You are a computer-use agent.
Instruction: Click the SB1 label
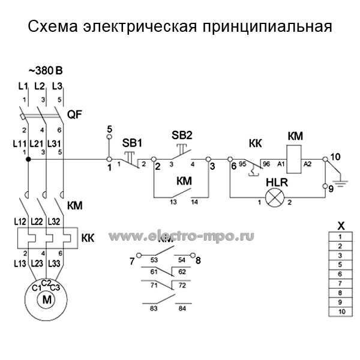[x=132, y=143]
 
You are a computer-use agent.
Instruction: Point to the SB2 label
[x=182, y=134]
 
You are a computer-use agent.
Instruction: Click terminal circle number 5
[x=109, y=137]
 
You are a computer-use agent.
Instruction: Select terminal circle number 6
[x=231, y=160]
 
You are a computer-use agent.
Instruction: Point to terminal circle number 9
[x=325, y=185]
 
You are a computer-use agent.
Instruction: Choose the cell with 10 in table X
[x=341, y=312]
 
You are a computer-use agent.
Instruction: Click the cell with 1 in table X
[x=341, y=237]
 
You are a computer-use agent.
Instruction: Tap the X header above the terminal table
[x=341, y=226]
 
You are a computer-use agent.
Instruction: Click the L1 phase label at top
[x=24, y=86]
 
